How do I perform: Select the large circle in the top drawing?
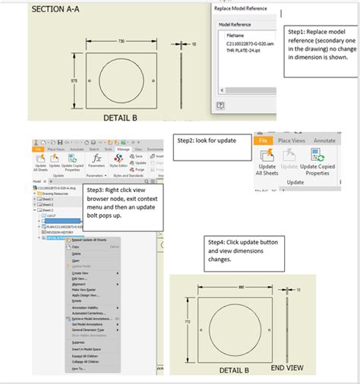122,79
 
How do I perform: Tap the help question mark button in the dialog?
219,106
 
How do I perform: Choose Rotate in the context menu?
76,301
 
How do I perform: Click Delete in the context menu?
76,253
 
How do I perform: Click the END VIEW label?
287,367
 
